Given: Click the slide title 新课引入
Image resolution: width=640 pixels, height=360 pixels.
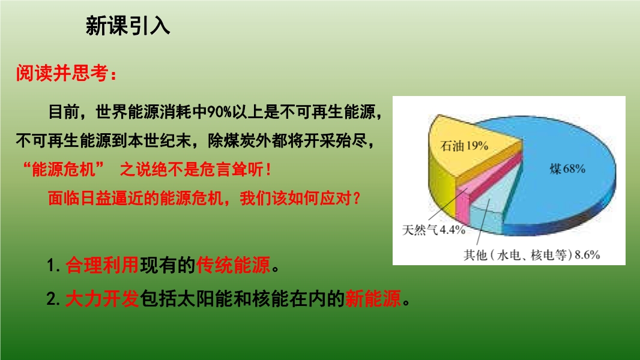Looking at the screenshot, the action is point(128,26).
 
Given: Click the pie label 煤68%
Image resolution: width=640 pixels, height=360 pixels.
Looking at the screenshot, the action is point(567,169).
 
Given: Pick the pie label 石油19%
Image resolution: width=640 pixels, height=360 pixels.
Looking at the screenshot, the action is point(464,146).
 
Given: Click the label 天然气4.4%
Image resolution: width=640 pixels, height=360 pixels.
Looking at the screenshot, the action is point(433,230).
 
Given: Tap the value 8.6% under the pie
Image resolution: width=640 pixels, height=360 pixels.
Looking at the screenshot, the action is point(587,255).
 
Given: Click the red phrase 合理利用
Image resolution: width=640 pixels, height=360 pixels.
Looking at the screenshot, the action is point(102,265).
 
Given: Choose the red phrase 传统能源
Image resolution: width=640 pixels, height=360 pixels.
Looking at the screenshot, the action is point(233,265).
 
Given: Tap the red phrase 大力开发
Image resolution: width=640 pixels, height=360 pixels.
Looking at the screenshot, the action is point(102,299).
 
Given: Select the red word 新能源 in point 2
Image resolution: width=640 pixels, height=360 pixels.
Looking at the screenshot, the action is point(373,299).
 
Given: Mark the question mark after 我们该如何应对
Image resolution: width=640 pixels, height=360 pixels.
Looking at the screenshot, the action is point(357,199).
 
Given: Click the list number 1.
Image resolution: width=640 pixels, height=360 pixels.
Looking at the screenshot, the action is point(52,265).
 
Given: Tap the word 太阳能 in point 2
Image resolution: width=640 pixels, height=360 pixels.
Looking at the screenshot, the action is point(195,299).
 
